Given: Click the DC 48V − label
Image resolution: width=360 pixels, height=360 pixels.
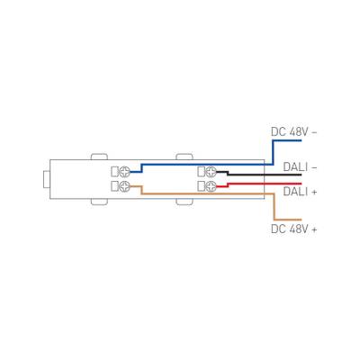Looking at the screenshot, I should point(294,131).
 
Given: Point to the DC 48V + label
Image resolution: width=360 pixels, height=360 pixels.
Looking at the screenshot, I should point(294,229).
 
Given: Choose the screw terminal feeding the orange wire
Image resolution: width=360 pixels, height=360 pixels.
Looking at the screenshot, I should point(125,186).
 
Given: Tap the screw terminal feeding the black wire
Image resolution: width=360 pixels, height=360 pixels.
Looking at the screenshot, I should point(212,171).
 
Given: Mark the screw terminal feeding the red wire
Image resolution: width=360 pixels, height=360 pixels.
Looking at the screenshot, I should point(212,186).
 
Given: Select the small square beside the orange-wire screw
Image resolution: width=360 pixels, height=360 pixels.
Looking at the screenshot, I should point(114,186).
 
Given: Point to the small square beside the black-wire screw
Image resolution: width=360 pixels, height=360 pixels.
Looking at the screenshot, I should point(202,171).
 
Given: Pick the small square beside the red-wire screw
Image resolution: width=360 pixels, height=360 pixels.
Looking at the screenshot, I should point(202,186).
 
